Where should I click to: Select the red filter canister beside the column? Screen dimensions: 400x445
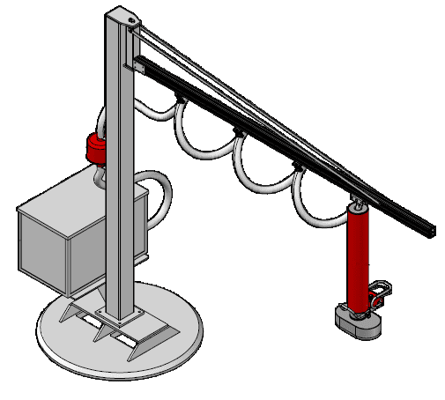click(94, 149)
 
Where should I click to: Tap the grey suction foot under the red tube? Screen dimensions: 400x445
click(357, 322)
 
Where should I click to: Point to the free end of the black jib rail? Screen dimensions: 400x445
click(429, 229)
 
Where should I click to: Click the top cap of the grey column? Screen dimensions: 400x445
click(121, 17)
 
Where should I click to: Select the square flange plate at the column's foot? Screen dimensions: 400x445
click(120, 313)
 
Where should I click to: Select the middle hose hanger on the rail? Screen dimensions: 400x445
click(238, 134)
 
